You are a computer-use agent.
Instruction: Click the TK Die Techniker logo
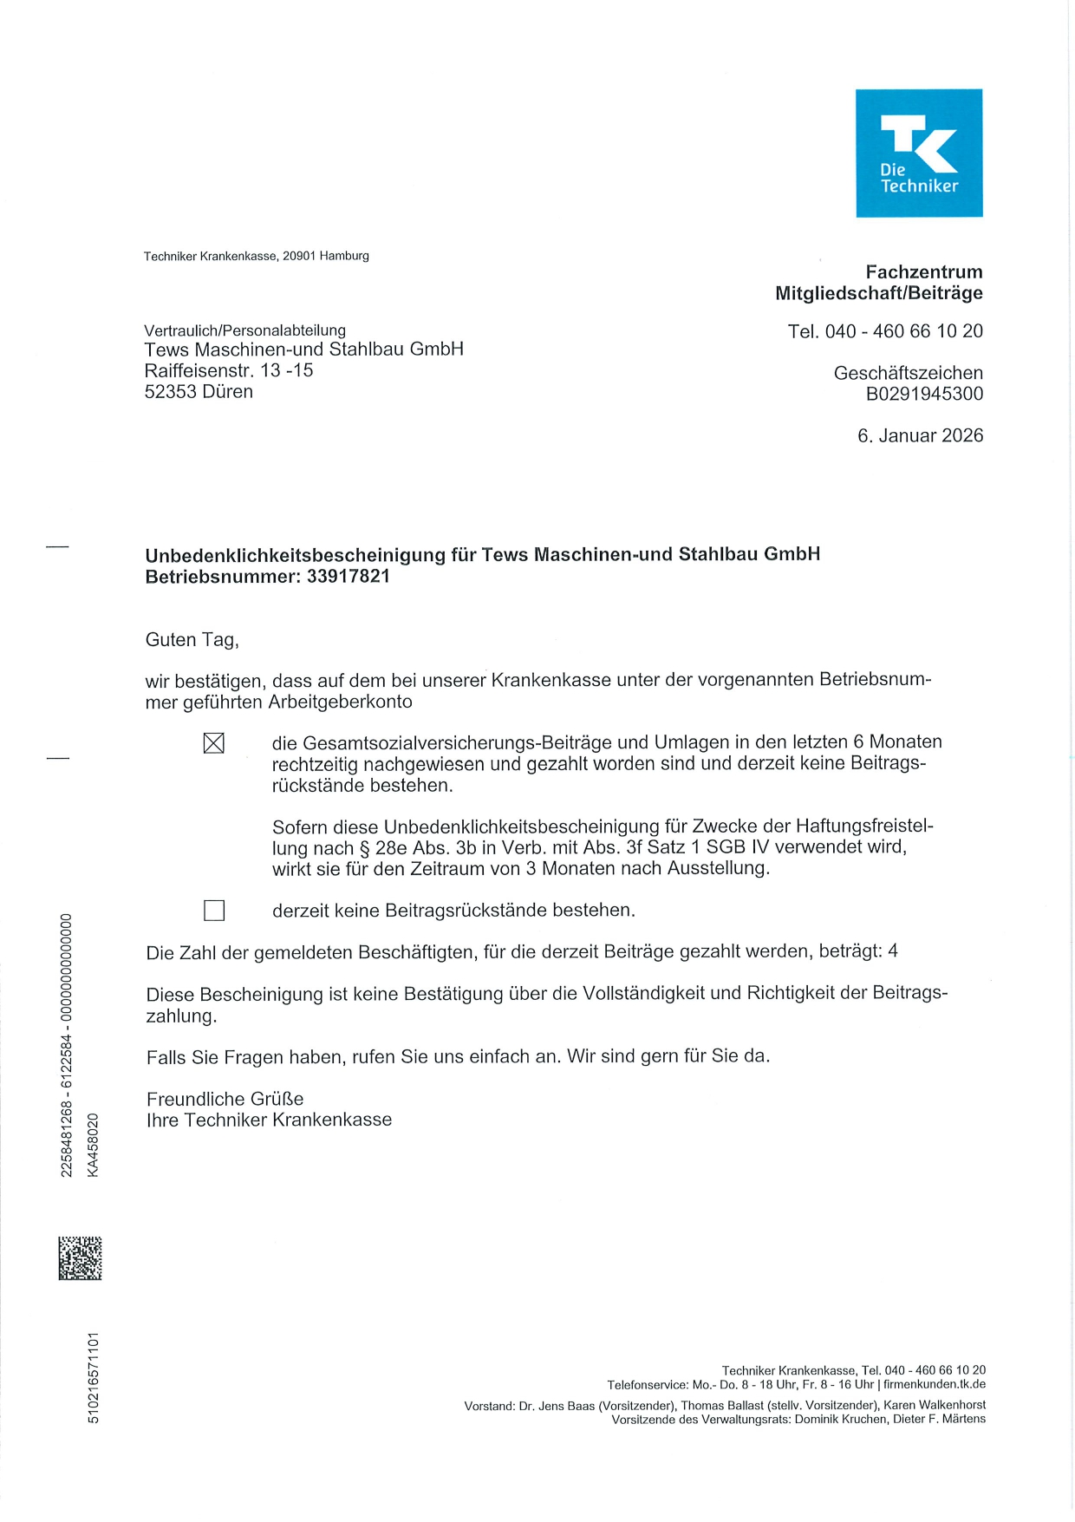(x=919, y=153)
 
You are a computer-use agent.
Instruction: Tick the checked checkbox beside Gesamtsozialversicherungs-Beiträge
(x=213, y=743)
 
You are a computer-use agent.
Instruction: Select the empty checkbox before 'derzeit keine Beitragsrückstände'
(x=213, y=910)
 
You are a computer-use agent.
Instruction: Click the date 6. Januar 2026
(x=920, y=435)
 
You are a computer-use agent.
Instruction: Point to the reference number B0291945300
(x=924, y=394)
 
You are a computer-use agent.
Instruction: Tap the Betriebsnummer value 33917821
(x=348, y=577)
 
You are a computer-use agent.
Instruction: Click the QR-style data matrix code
(x=80, y=1258)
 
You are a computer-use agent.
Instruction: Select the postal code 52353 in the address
(x=171, y=392)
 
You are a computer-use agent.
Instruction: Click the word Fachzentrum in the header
(x=923, y=272)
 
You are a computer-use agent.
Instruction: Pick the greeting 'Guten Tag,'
(x=192, y=640)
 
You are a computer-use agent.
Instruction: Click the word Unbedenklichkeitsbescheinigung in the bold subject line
(x=295, y=554)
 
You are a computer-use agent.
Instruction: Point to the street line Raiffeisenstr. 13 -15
(x=229, y=370)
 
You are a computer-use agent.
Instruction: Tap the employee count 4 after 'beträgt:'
(x=893, y=951)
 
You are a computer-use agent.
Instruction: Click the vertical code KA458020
(x=93, y=1145)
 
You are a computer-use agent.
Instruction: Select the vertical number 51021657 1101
(x=93, y=1377)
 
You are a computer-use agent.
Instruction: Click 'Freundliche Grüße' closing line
(x=225, y=1099)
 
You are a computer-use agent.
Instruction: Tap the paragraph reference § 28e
(x=381, y=848)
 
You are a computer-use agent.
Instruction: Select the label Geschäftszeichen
(x=908, y=373)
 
